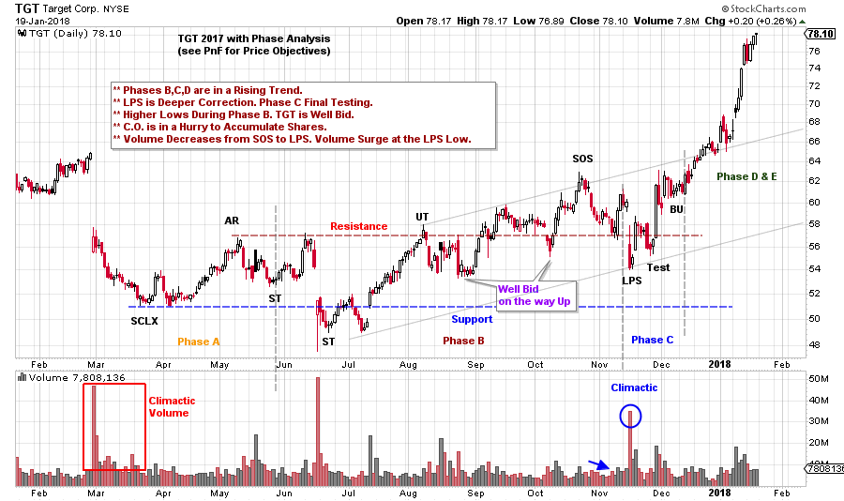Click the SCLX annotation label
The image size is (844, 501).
144,321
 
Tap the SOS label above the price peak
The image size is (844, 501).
582,159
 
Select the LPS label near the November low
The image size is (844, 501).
631,280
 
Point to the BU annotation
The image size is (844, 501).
676,208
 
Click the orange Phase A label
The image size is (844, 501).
199,341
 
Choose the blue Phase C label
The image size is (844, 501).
652,340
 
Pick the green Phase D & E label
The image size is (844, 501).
746,175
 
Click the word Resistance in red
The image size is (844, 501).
358,226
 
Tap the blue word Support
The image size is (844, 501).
472,319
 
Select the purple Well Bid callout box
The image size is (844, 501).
535,296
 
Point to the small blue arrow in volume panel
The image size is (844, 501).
597,465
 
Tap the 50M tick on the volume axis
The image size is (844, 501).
817,379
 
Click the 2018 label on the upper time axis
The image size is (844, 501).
719,363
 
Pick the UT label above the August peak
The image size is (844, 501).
422,217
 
